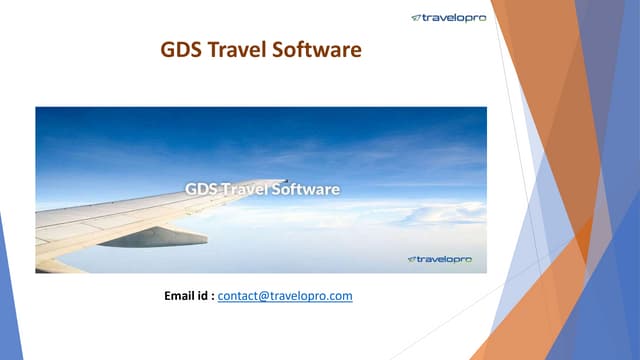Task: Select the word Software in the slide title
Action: point(316,48)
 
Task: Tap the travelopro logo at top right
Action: point(448,17)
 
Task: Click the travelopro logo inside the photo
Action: point(445,260)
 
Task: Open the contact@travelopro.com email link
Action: point(285,297)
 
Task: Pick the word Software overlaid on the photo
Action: point(305,188)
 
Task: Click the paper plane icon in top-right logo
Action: point(416,17)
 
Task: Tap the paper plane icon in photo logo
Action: point(412,260)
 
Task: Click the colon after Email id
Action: point(212,297)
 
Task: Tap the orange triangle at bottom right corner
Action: point(530,320)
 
